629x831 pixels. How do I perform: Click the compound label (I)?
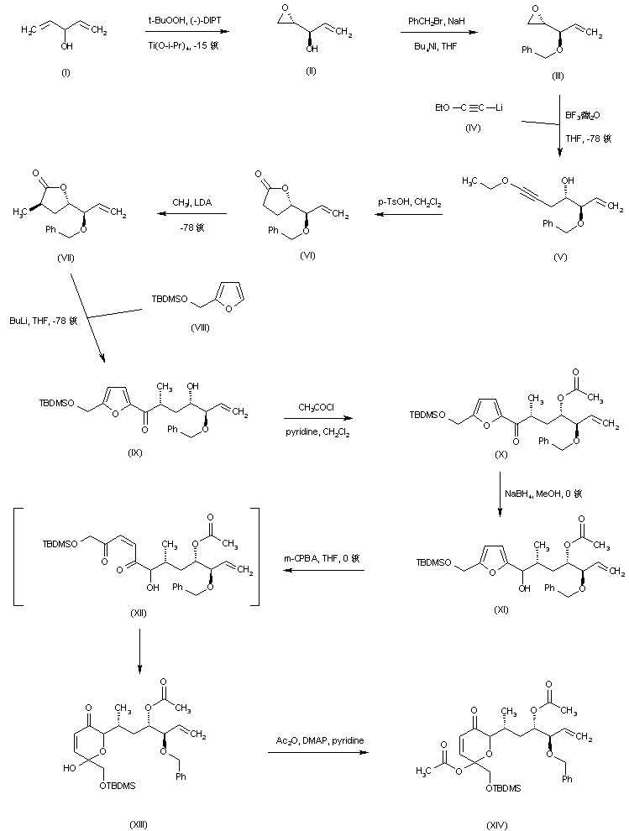tap(66, 74)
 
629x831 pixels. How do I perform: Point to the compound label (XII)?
tap(139, 613)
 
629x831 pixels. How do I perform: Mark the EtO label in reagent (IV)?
tap(443, 107)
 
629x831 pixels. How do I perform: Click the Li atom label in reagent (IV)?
tap(522, 107)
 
